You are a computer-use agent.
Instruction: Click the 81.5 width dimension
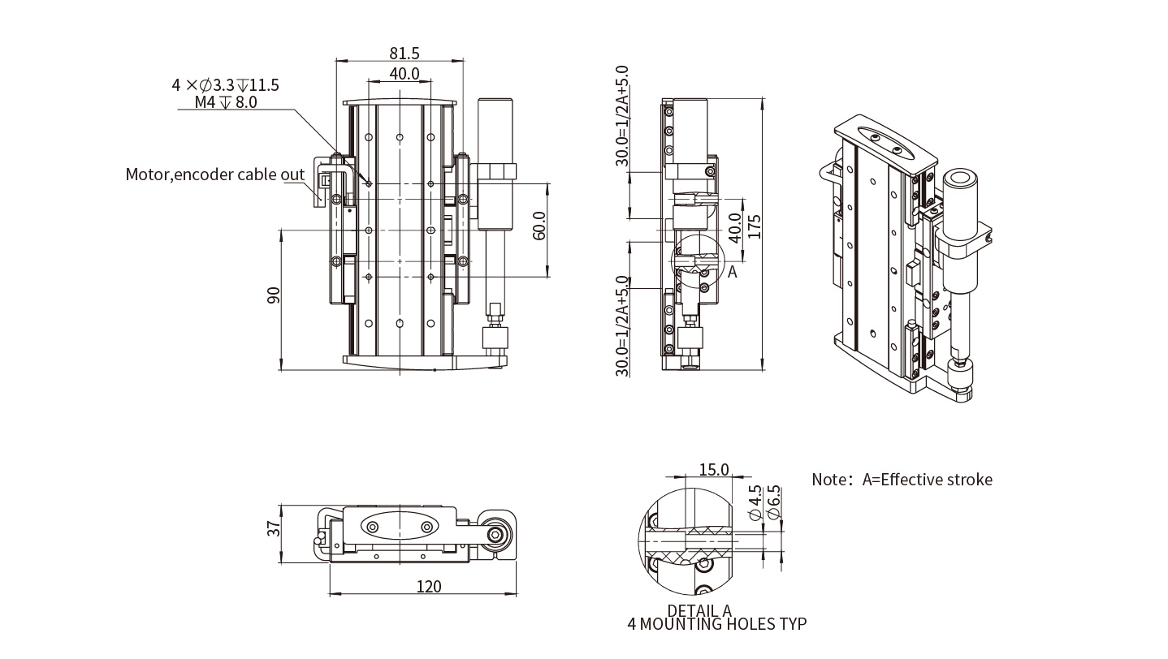tap(404, 54)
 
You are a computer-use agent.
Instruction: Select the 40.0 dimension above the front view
tap(404, 74)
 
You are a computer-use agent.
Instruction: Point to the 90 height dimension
tap(274, 295)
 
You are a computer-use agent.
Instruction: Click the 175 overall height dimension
tap(755, 226)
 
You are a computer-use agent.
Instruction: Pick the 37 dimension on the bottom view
tap(274, 529)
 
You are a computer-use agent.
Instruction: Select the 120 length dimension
tap(428, 587)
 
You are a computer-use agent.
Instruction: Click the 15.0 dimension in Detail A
tap(713, 470)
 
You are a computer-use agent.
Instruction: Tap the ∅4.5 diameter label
tap(754, 502)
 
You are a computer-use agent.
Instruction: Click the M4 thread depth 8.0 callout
tap(226, 102)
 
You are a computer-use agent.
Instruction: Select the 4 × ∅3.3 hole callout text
tap(225, 84)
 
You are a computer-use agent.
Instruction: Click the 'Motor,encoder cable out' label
tap(215, 174)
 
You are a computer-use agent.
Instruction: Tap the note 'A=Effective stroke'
tap(902, 480)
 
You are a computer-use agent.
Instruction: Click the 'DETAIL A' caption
tap(699, 610)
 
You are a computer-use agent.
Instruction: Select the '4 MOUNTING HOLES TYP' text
tap(717, 624)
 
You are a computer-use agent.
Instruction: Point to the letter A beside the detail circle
tap(732, 273)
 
